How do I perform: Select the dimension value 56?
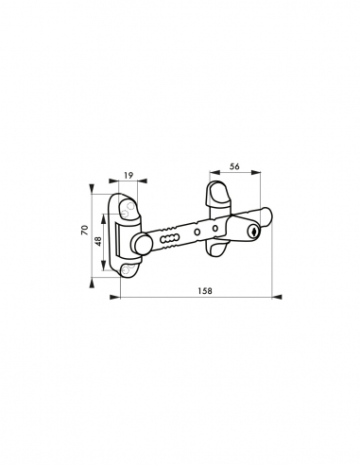(233, 166)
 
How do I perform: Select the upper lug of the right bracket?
(215, 197)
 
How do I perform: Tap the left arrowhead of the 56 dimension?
(207, 178)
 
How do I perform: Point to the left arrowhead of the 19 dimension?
(115, 183)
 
